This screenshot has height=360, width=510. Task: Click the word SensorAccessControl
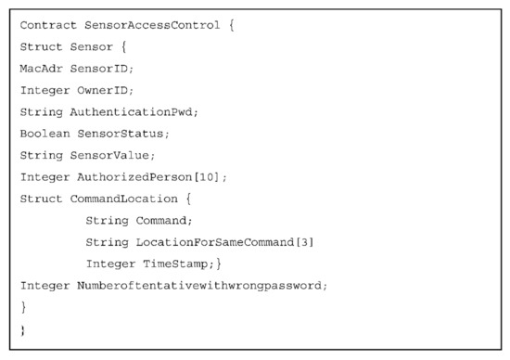147,25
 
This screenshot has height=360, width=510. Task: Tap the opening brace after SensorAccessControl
231,25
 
